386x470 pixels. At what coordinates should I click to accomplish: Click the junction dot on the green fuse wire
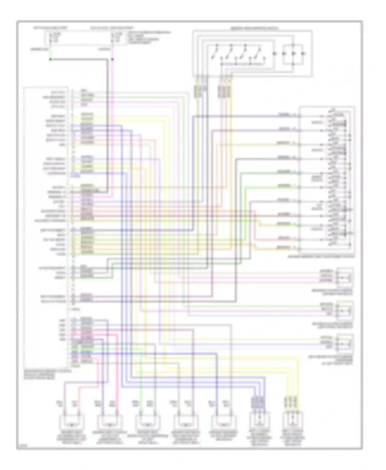coord(50,59)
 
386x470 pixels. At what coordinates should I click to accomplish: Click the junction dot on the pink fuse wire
coord(112,59)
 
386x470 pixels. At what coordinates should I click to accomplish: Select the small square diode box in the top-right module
coord(293,54)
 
